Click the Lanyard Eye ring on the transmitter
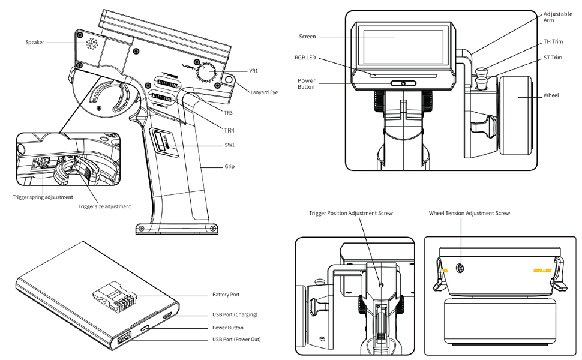tap(229, 79)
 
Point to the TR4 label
tap(229, 130)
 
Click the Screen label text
tap(307, 37)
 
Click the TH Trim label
tap(553, 41)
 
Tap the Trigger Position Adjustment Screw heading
tap(350, 213)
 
